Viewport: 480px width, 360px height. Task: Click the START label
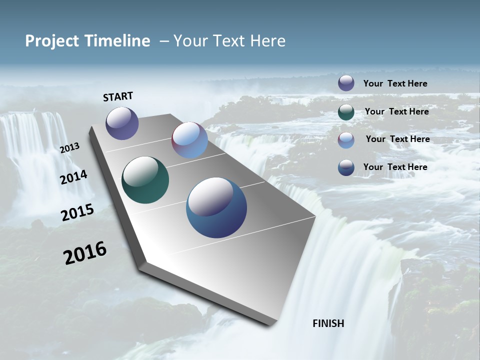click(x=118, y=96)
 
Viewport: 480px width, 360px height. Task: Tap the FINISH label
click(x=328, y=323)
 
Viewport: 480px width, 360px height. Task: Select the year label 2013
click(x=69, y=148)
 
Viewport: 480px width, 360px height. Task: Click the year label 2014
click(x=73, y=177)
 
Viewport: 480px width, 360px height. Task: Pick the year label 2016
click(x=85, y=253)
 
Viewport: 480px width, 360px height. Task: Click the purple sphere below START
click(x=122, y=123)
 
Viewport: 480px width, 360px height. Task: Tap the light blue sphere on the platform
click(x=189, y=140)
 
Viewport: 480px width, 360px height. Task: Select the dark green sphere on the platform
click(x=145, y=180)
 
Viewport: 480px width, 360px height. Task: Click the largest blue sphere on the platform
click(x=216, y=207)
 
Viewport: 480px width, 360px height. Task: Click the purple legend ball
click(x=346, y=83)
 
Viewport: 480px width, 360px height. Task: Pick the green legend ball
click(x=346, y=112)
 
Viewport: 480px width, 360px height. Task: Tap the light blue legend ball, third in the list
click(x=346, y=139)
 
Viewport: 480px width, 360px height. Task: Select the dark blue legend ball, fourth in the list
click(x=346, y=167)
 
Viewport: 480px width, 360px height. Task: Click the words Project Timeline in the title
click(x=87, y=41)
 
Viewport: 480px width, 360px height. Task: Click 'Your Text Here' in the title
click(x=229, y=41)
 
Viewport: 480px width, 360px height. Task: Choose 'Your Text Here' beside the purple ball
click(x=395, y=83)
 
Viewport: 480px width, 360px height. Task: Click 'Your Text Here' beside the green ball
click(x=396, y=111)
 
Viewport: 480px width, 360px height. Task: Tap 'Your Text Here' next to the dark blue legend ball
click(x=395, y=167)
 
